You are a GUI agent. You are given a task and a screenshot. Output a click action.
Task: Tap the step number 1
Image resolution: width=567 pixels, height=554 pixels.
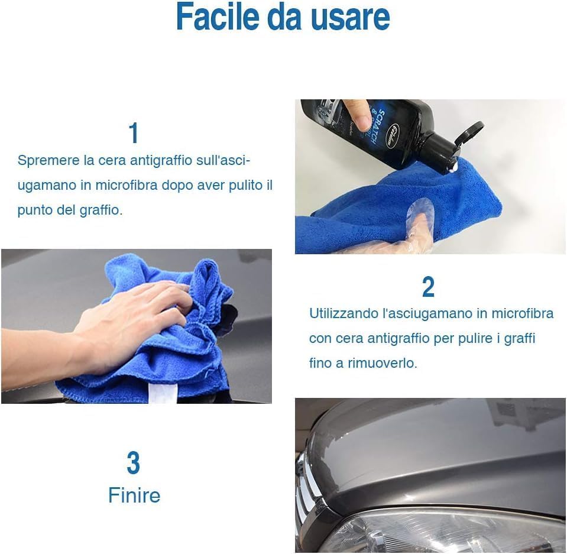pos(134,133)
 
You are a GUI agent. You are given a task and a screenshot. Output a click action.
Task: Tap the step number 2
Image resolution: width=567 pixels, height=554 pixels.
pos(428,287)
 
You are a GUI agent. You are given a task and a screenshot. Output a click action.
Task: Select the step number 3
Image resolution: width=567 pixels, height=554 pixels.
pos(134,464)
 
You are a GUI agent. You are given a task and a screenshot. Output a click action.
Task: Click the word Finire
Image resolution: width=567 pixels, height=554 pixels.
pos(134,495)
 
